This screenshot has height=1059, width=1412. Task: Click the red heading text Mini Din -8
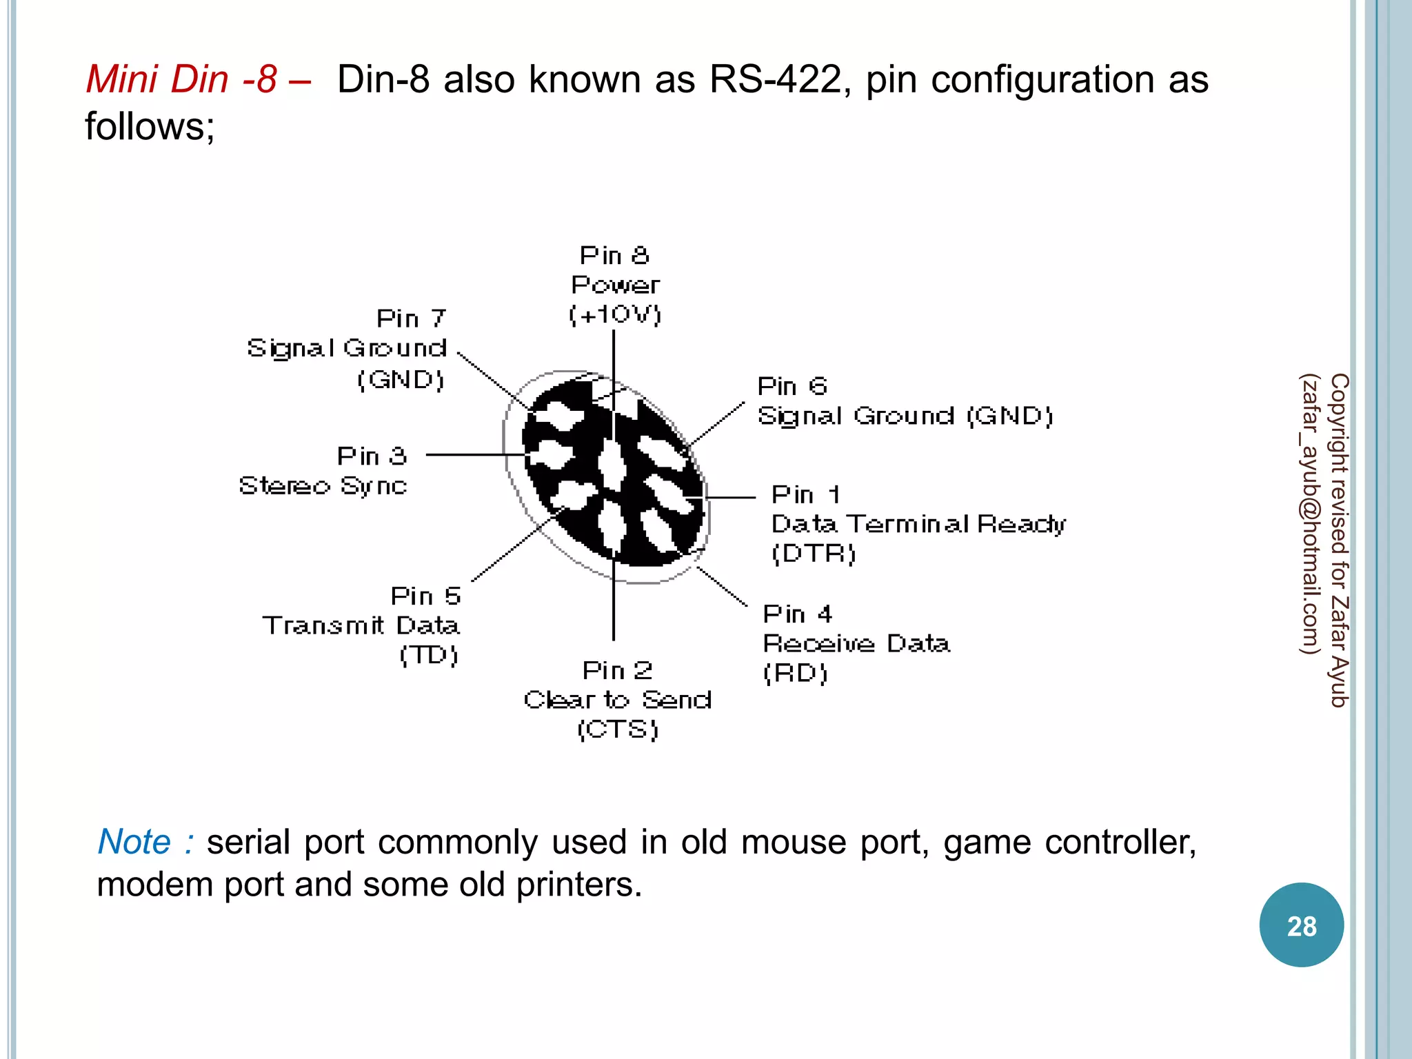[x=181, y=79]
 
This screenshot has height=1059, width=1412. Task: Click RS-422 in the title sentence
[x=775, y=79]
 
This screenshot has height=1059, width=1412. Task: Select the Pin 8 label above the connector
[x=614, y=256]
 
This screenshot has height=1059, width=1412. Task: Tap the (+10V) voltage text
[x=614, y=315]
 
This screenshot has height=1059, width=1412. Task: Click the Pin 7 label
[x=412, y=319]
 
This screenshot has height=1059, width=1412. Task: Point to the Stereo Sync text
[x=323, y=486]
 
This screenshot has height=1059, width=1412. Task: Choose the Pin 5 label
[x=425, y=596]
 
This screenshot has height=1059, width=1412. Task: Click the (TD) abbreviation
[x=429, y=655]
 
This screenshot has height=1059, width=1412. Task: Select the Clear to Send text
[x=618, y=700]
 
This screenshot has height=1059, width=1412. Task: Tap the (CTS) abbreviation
[x=618, y=729]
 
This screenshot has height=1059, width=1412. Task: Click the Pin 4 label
[x=798, y=614]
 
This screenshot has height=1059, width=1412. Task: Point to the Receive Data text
[x=856, y=644]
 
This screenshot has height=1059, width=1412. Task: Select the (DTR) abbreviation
[x=814, y=554]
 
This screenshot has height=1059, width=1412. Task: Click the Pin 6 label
[x=791, y=386]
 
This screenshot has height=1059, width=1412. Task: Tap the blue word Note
[x=134, y=843]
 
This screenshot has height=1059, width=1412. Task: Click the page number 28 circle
[x=1301, y=925]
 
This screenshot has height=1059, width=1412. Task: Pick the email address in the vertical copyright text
[x=1309, y=514]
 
